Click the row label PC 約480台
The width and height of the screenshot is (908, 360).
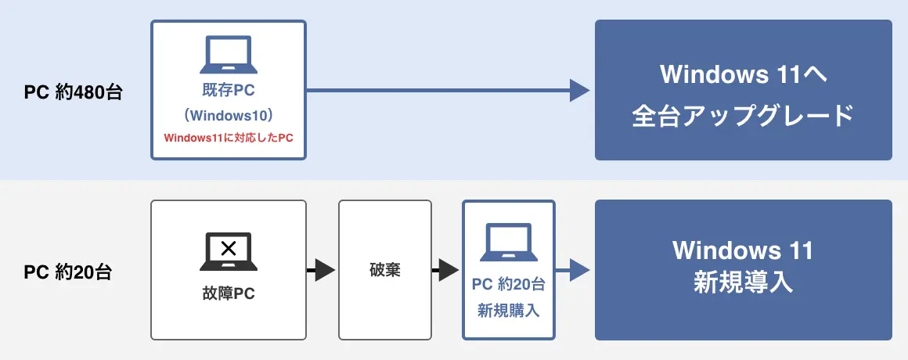click(74, 92)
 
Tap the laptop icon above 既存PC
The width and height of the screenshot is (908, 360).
click(228, 55)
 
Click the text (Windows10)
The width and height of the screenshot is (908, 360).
click(228, 116)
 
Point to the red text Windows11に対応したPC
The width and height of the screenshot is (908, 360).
click(228, 138)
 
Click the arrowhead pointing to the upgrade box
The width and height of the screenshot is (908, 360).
click(578, 91)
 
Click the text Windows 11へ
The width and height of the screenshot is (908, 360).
click(744, 75)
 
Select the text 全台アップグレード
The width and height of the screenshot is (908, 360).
click(744, 115)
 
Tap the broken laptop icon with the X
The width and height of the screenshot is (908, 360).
click(228, 251)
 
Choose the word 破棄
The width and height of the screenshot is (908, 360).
click(384, 271)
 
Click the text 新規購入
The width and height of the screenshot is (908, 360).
click(509, 310)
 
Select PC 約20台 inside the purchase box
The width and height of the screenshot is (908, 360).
click(509, 284)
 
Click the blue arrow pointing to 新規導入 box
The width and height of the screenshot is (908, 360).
click(578, 271)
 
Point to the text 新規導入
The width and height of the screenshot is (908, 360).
click(744, 283)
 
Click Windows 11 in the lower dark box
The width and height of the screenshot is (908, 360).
click(744, 251)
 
